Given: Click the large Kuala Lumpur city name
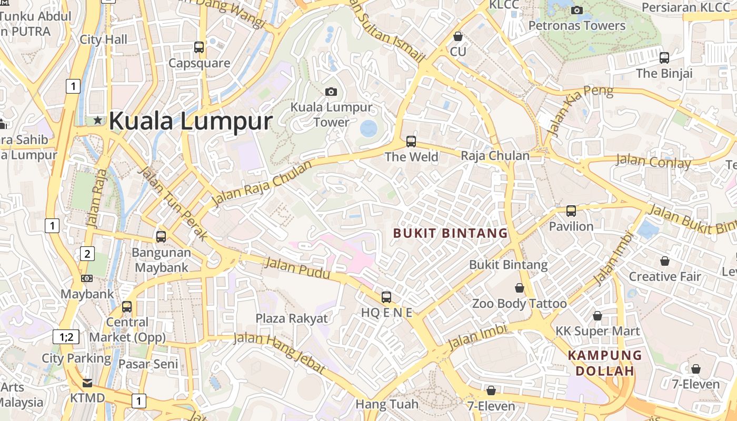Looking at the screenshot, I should [190, 121].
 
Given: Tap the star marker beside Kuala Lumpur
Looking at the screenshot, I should [98, 121].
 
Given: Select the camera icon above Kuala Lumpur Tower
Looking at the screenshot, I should [331, 92].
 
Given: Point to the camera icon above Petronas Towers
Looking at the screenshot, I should [577, 10].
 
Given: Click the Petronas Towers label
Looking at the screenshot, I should [577, 25].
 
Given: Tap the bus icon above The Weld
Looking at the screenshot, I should [411, 141].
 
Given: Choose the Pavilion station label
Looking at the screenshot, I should [571, 226].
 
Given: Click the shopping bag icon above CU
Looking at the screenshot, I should [458, 36].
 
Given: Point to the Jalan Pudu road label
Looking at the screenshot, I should [297, 268].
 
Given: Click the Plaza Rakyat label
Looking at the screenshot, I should [292, 318].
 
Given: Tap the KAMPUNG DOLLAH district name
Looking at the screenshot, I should [605, 363].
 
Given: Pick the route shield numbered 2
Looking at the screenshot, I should [87, 254].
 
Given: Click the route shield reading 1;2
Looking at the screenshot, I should [66, 337].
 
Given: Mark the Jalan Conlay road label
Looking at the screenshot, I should [653, 162].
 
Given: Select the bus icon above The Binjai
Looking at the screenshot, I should [664, 57].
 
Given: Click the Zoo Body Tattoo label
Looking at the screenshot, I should [519, 304].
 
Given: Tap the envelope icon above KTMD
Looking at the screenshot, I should [87, 383].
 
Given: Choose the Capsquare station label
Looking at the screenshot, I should [199, 63].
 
